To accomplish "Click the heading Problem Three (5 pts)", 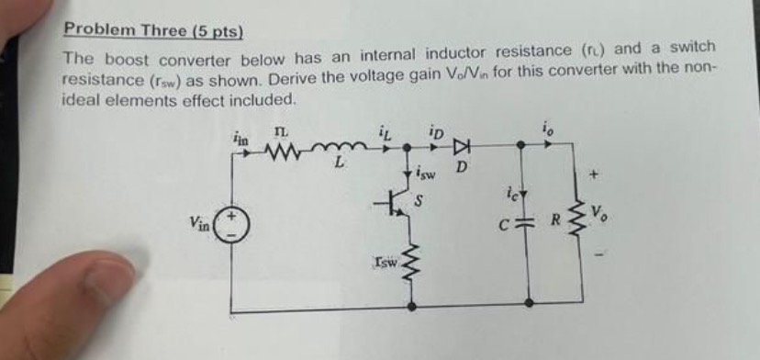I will pyautogui.click(x=152, y=30).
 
